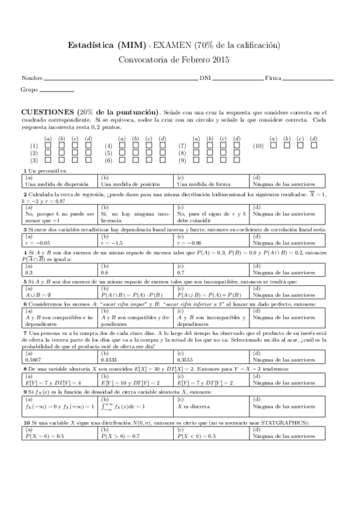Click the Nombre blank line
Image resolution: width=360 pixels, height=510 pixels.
click(120, 79)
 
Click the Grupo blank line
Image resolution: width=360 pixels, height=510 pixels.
click(56, 91)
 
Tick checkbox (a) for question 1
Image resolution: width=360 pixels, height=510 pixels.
click(47, 146)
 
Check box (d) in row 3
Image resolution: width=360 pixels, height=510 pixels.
click(88, 161)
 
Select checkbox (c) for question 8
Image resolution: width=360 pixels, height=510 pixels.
click(222, 153)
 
